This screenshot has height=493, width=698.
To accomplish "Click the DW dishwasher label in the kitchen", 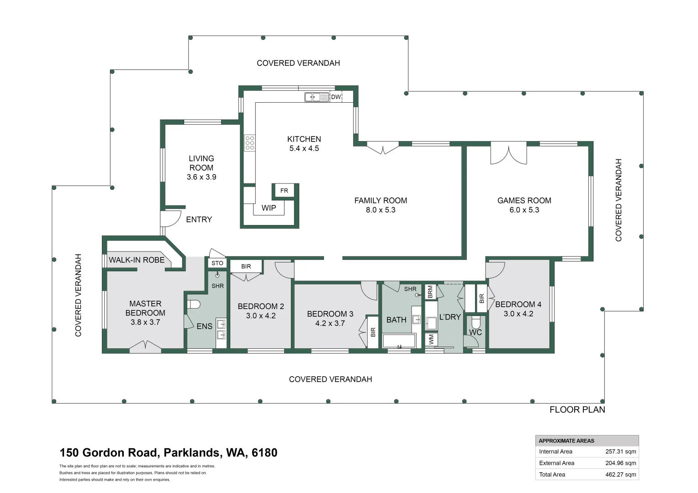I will tap(336, 97).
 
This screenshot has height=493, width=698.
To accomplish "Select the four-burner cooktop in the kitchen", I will tap(249, 143).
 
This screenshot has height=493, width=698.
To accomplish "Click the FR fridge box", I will tap(284, 190).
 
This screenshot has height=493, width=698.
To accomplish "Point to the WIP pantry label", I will tap(269, 208).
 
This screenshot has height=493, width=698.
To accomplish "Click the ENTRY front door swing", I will tap(170, 218).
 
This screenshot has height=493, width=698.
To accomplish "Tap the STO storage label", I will tap(217, 263).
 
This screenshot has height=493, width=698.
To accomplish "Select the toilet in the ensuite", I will tap(194, 304).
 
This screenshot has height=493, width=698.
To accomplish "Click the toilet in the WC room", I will tap(476, 322).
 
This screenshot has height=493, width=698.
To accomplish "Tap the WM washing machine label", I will tap(431, 339).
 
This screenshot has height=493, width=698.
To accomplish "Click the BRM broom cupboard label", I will tap(430, 292).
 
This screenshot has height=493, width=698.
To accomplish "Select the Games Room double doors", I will tap(508, 153).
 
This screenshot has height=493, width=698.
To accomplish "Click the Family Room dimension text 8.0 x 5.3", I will tap(381, 210).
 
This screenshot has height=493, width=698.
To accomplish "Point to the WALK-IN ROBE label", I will tap(137, 260).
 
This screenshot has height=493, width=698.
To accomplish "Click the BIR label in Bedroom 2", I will tap(246, 266).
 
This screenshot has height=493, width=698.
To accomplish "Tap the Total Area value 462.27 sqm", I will tap(620, 474).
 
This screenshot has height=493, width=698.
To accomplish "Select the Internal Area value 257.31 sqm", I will tap(620, 451).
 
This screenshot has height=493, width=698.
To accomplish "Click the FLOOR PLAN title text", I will tap(577, 409).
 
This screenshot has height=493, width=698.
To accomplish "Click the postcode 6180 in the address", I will tap(264, 453).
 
